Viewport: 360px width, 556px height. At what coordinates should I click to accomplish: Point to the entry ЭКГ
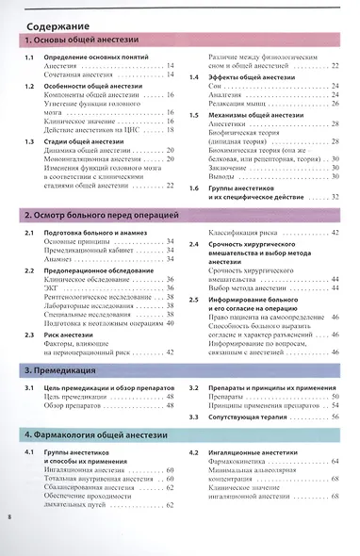[x=52, y=288]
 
